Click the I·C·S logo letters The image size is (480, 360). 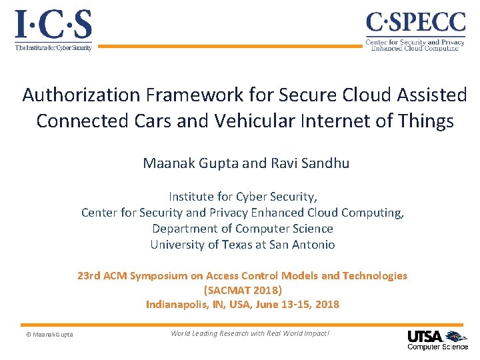tap(53, 25)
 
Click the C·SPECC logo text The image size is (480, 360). tap(415, 23)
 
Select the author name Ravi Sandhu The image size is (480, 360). tap(313, 163)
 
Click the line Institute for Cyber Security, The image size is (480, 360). tap(243, 197)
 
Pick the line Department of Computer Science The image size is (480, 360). tap(243, 229)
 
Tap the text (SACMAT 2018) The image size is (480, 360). tap(243, 290)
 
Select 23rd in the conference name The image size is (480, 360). tap(89, 275)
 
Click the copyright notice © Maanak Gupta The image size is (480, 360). tap(45, 334)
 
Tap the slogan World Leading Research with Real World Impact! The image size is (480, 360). tap(250, 333)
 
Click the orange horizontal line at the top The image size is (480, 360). tap(233, 46)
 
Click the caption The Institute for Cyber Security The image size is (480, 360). tap(53, 48)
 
